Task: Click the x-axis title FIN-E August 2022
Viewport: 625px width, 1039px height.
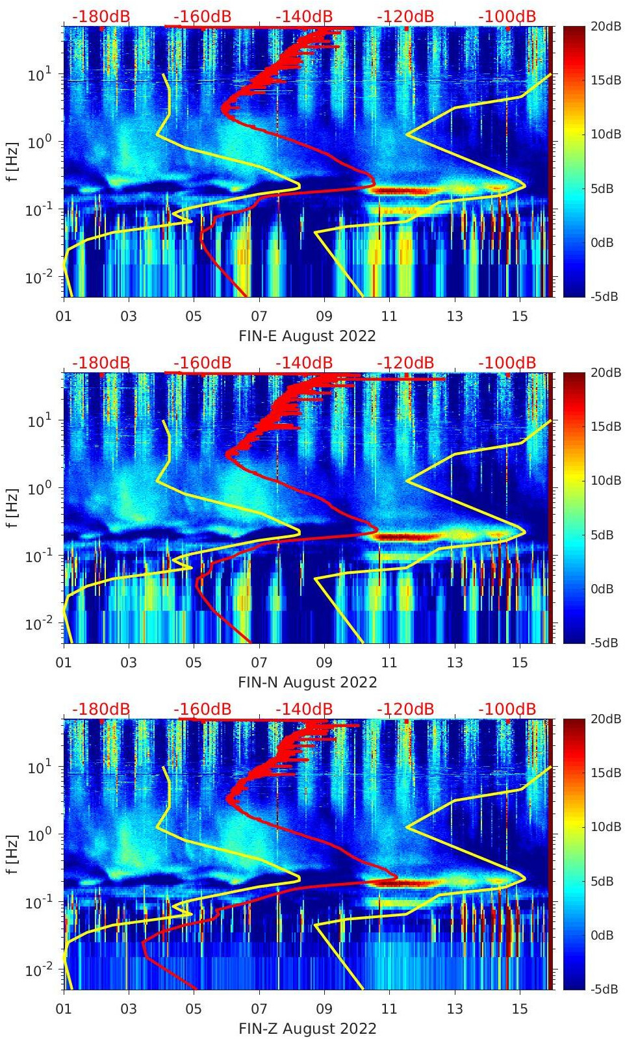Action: pos(307,336)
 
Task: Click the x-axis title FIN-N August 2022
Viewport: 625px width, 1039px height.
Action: pos(307,682)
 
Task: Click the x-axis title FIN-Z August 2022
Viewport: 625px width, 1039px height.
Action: pos(307,1029)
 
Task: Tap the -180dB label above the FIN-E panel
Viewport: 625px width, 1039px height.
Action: pos(101,16)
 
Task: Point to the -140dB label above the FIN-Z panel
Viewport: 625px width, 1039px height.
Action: pos(304,709)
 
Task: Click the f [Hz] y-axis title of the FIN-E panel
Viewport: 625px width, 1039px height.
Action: pos(12,161)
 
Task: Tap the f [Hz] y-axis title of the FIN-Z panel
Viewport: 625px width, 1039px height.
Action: pos(12,854)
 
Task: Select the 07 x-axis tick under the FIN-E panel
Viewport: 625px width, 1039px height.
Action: pos(259,317)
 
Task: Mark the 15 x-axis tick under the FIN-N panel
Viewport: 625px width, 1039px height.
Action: pos(520,663)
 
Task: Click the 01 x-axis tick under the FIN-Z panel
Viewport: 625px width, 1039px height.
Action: pos(64,1010)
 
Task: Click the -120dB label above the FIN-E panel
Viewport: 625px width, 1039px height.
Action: pos(405,16)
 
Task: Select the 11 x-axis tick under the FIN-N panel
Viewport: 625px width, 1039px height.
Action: pos(389,663)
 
